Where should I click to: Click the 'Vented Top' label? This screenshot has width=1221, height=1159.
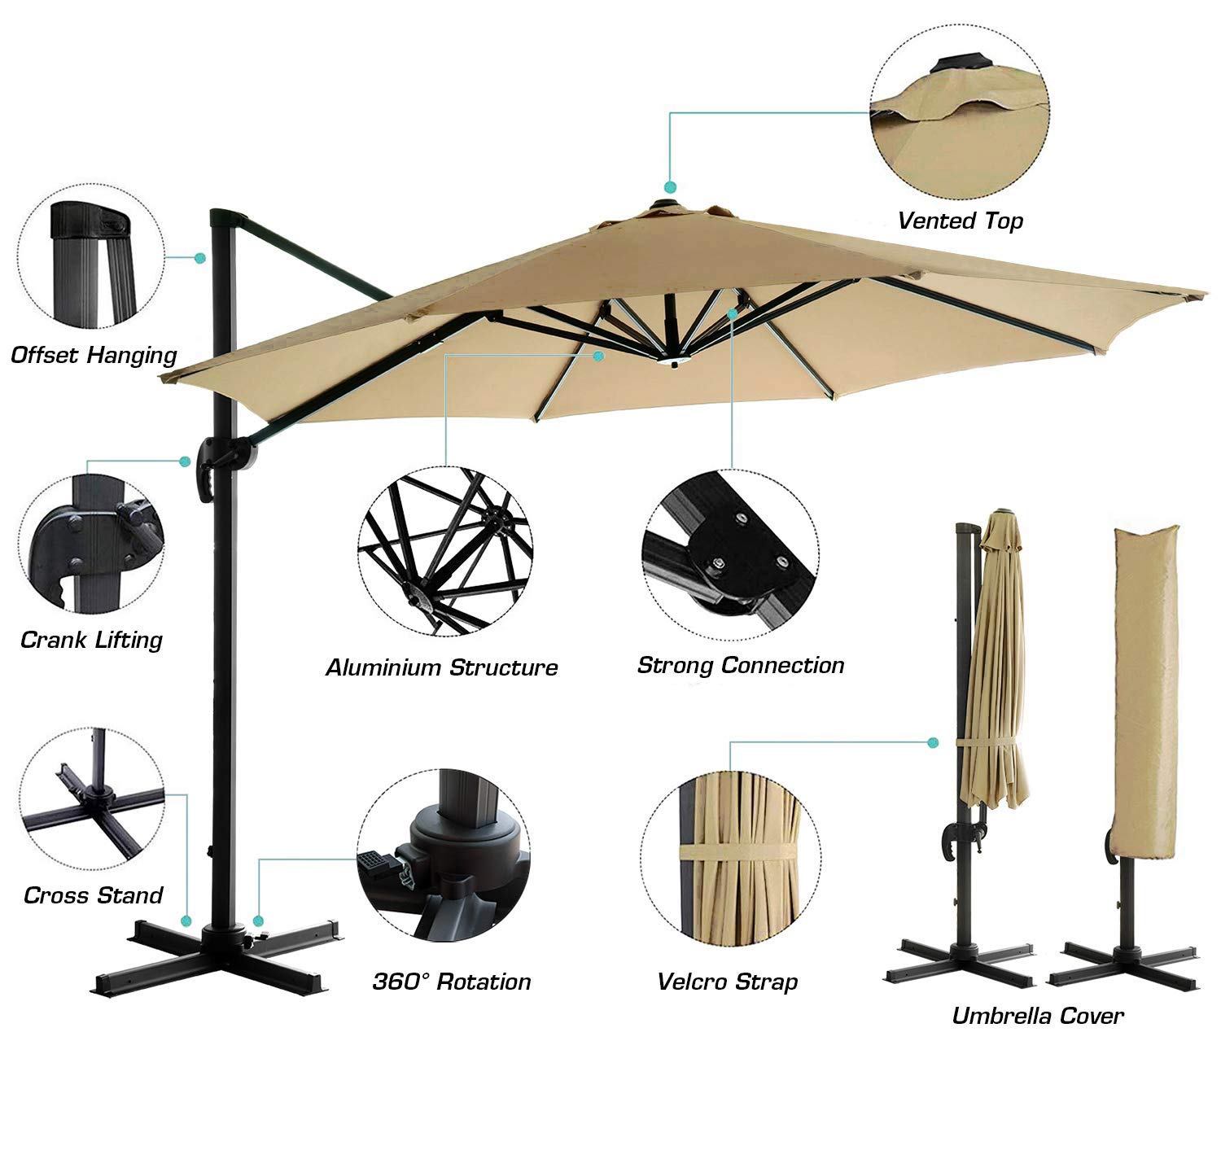pyautogui.click(x=960, y=221)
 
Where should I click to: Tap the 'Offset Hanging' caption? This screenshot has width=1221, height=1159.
pyautogui.click(x=94, y=355)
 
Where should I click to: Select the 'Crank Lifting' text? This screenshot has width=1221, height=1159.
pyautogui.click(x=91, y=640)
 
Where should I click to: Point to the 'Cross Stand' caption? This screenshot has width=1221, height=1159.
pyautogui.click(x=93, y=895)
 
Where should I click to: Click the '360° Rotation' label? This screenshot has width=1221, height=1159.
pyautogui.click(x=452, y=982)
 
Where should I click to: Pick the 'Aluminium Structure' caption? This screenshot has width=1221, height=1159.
pyautogui.click(x=442, y=668)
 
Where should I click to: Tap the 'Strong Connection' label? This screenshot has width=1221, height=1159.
pyautogui.click(x=741, y=666)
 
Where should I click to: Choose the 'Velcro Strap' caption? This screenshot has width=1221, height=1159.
pyautogui.click(x=727, y=982)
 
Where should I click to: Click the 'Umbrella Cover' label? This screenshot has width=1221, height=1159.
pyautogui.click(x=1038, y=1016)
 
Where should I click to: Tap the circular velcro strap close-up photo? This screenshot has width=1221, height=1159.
pyautogui.click(x=730, y=855)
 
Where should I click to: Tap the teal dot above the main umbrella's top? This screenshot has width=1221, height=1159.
pyautogui.click(x=671, y=186)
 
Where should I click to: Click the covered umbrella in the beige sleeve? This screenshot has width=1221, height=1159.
pyautogui.click(x=1145, y=700)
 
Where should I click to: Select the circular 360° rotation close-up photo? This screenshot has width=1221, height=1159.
pyautogui.click(x=444, y=855)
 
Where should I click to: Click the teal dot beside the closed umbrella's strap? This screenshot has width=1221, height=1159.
pyautogui.click(x=933, y=742)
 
